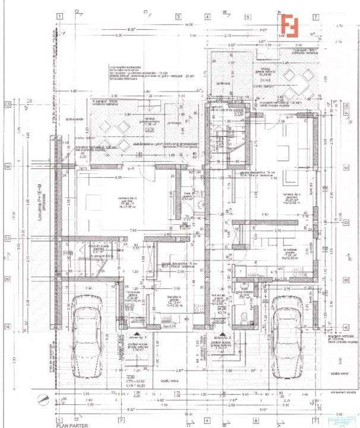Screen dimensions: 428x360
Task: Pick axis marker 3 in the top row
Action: pyautogui.click(x=177, y=17)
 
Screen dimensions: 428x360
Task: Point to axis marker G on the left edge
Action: pyautogui.click(x=8, y=104)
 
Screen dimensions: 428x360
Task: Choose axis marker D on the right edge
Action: pyautogui.click(x=346, y=222)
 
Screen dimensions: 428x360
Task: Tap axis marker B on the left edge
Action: pyautogui.click(x=8, y=278)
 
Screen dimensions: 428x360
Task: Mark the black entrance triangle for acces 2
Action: pyautogui.click(x=221, y=334)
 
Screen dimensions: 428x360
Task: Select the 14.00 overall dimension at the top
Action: pyautogui.click(x=189, y=25)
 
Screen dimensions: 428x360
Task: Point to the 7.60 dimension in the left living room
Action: pyautogui.click(x=134, y=230)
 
